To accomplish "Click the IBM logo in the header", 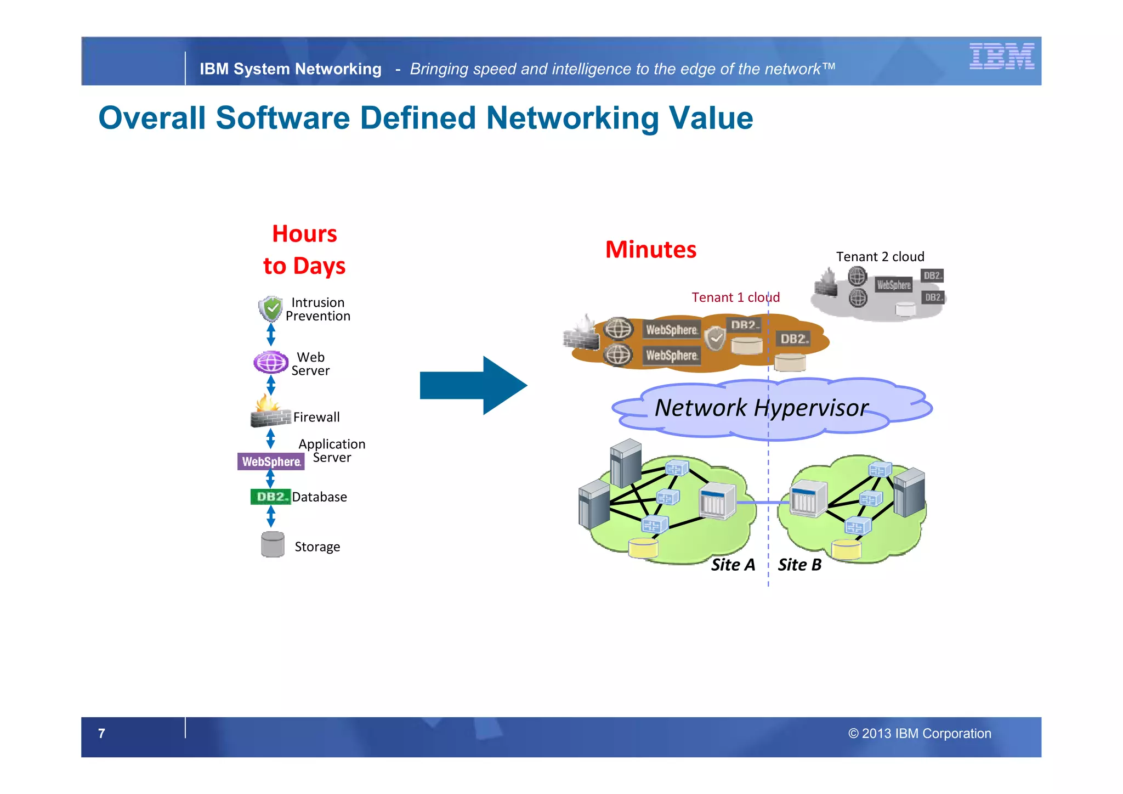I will (1001, 56).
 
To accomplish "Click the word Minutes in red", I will (650, 250).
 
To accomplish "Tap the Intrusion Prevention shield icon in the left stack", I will (270, 308).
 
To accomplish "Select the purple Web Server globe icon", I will (271, 362).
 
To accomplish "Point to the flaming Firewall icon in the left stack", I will (270, 412).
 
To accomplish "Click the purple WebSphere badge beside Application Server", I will (271, 461).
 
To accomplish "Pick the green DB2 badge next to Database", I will (270, 497).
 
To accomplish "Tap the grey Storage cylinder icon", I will (273, 544).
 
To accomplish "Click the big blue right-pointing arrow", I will (473, 385).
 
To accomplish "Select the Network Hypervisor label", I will (761, 408).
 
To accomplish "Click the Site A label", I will (733, 565).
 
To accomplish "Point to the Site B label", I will (799, 565).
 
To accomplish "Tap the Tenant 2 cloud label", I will (880, 257).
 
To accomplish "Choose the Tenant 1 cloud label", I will (735, 297).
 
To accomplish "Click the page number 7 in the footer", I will (101, 733).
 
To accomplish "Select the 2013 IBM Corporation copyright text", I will (920, 734).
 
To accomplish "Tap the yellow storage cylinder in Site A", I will (643, 548).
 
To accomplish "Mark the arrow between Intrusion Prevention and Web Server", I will (271, 334).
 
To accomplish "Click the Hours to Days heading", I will (304, 250).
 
